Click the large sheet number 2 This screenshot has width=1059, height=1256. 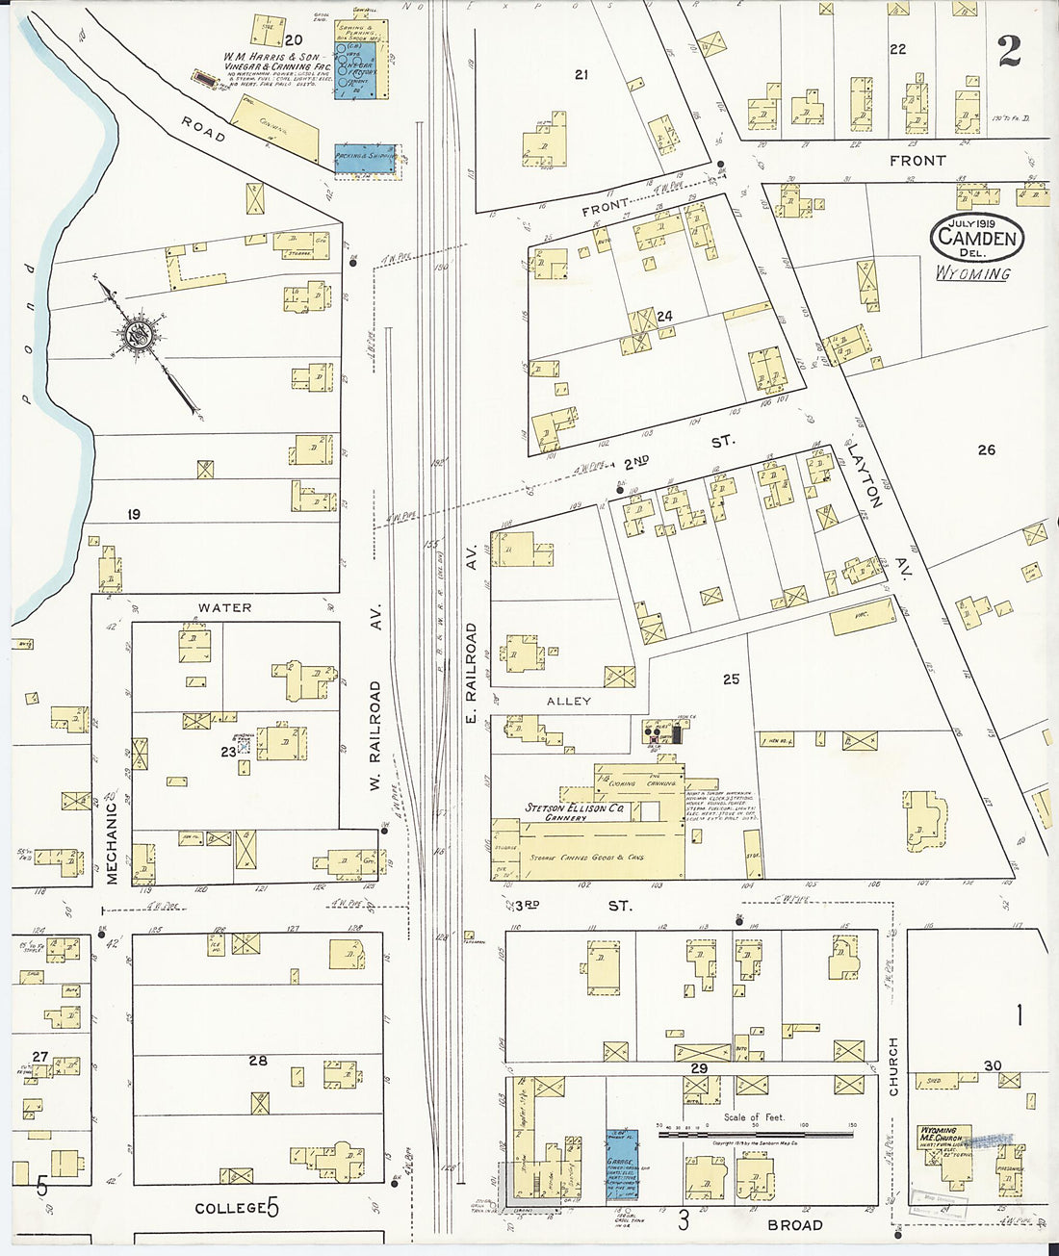(x=1009, y=50)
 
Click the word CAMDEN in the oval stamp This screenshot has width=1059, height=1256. (x=977, y=239)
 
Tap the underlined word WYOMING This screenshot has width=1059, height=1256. (x=973, y=273)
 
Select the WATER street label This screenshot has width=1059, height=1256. (x=224, y=607)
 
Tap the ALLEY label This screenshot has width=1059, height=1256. (x=569, y=701)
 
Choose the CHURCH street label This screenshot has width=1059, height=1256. (x=892, y=1065)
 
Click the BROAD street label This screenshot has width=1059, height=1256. (x=795, y=1224)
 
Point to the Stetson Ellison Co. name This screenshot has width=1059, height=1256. (x=574, y=808)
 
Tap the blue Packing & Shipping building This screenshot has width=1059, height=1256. (x=365, y=161)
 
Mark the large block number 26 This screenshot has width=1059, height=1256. (x=987, y=449)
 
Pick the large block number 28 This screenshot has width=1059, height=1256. (x=258, y=1060)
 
